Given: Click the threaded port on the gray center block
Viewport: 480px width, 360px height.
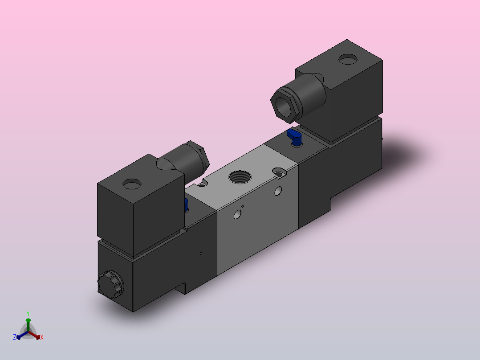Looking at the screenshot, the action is point(240,177).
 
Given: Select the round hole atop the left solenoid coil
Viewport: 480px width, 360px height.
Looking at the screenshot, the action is point(132,184).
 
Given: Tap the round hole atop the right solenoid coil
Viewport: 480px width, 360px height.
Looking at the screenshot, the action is point(348,59).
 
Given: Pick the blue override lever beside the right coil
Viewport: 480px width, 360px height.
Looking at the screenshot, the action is point(294,137).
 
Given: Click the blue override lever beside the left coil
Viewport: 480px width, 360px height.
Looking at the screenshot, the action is point(186,205).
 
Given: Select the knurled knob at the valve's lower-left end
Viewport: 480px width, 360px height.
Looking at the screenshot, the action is point(110,285).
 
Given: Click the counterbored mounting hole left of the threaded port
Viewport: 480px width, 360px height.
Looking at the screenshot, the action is point(202,183).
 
